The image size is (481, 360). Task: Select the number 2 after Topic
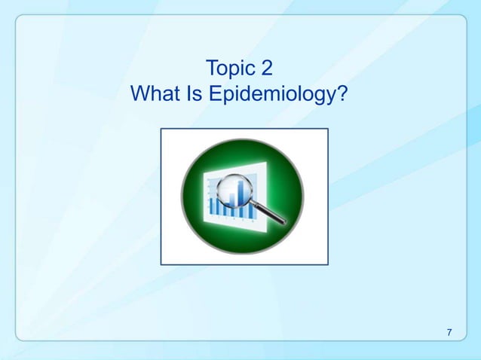266,70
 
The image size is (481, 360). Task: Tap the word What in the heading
156,95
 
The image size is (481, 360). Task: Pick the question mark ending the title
344,95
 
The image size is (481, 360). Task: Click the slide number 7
449,333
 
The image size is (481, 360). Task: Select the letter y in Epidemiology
333,98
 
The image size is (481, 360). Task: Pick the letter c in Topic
253,72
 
